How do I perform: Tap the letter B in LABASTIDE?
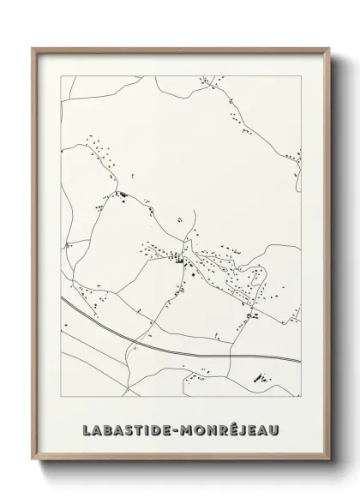pyautogui.click(x=107, y=428)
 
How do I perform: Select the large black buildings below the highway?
pyautogui.click(x=259, y=377)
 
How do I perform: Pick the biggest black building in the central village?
pyautogui.click(x=180, y=260)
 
